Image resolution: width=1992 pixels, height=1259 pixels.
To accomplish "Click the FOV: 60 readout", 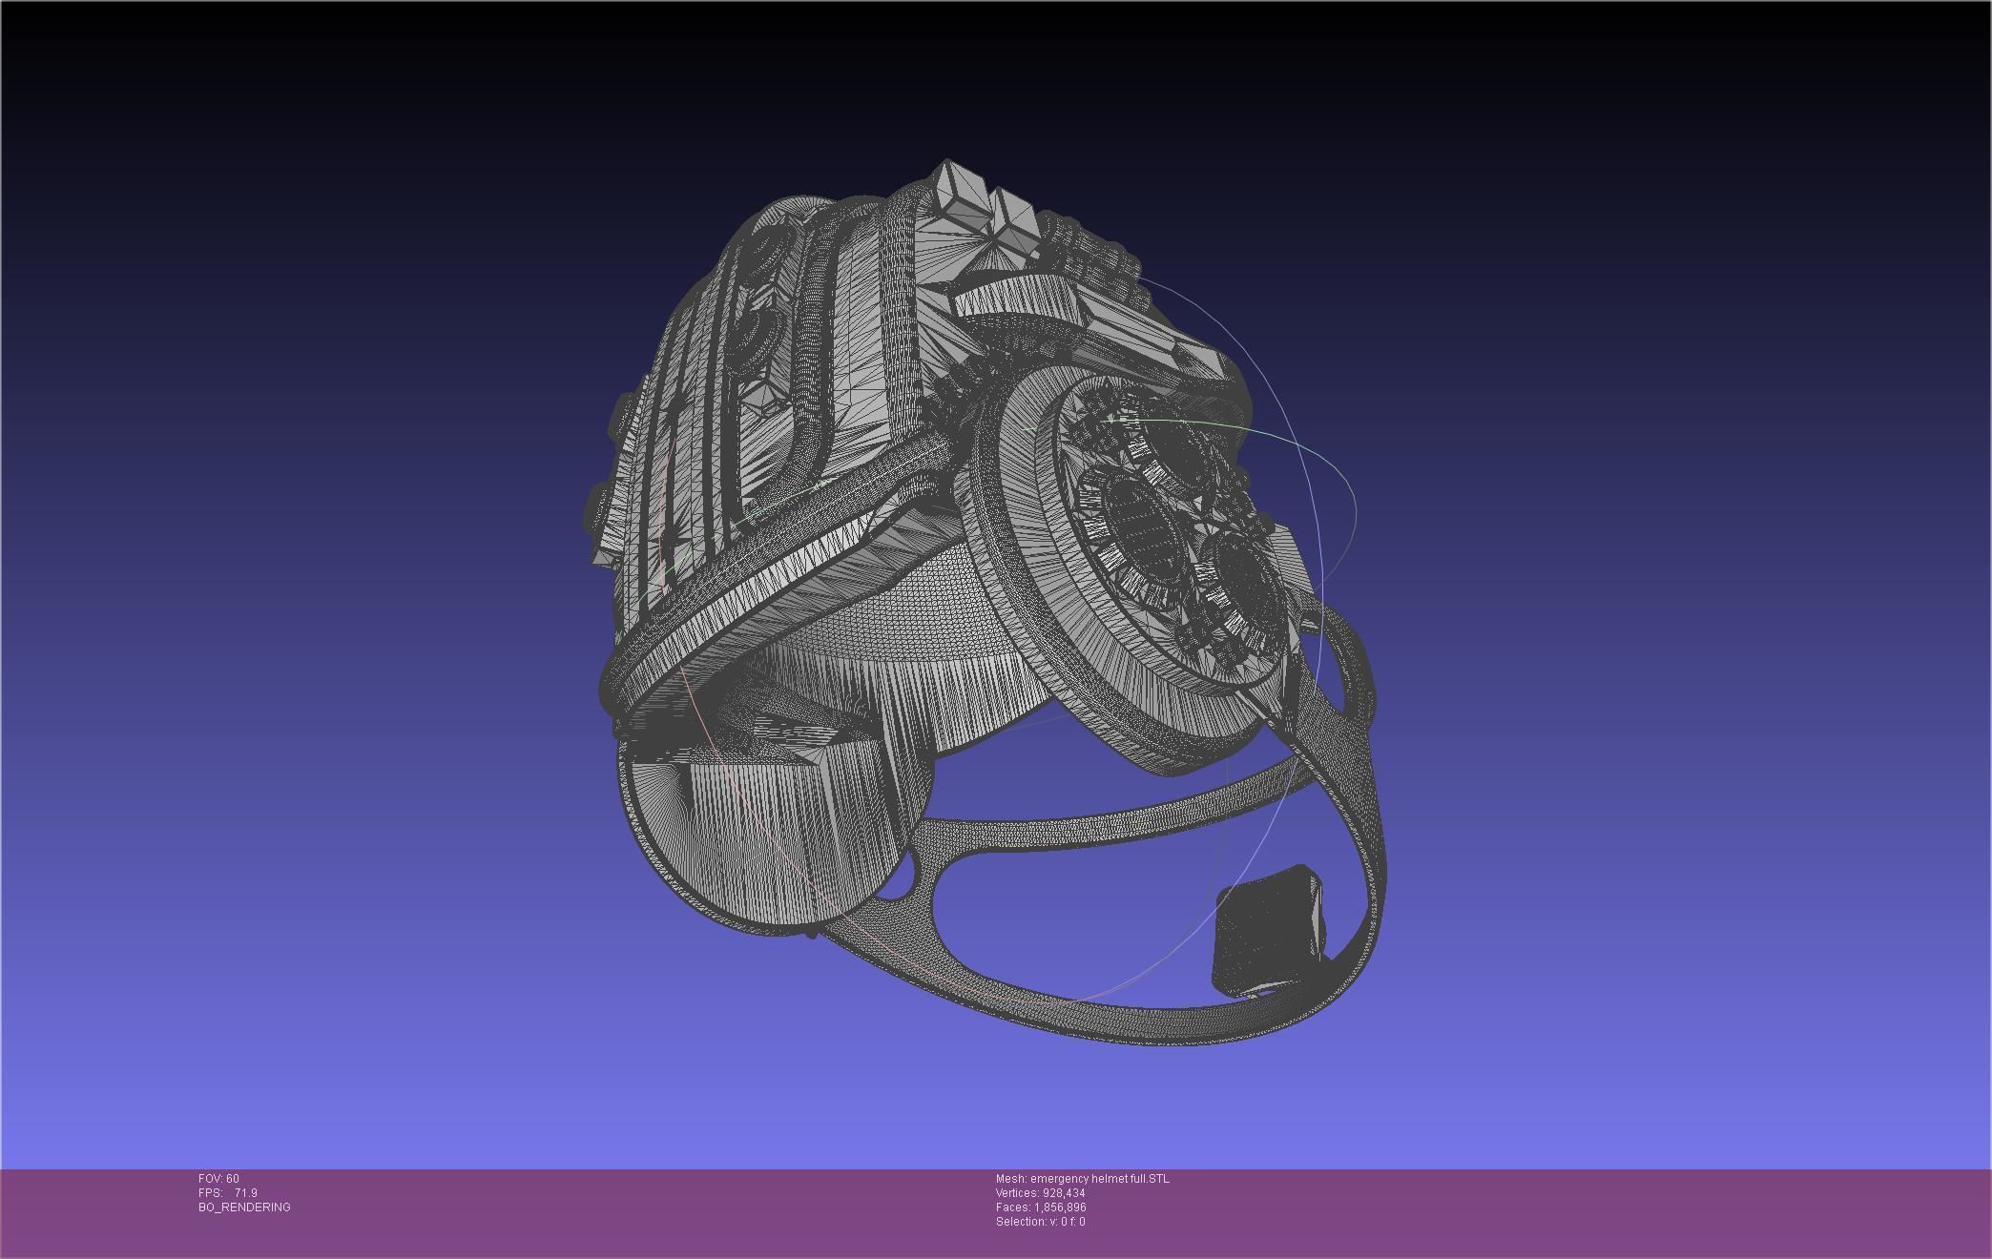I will [218, 1179].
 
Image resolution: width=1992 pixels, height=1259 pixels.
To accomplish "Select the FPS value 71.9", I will [245, 1193].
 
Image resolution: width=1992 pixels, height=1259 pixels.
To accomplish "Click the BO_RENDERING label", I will [244, 1207].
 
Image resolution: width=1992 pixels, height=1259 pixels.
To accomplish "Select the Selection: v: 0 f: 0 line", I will [1040, 1222].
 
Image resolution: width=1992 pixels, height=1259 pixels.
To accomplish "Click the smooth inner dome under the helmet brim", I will [916, 610].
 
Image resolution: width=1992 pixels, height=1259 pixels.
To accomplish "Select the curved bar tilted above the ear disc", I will [1021, 296].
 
